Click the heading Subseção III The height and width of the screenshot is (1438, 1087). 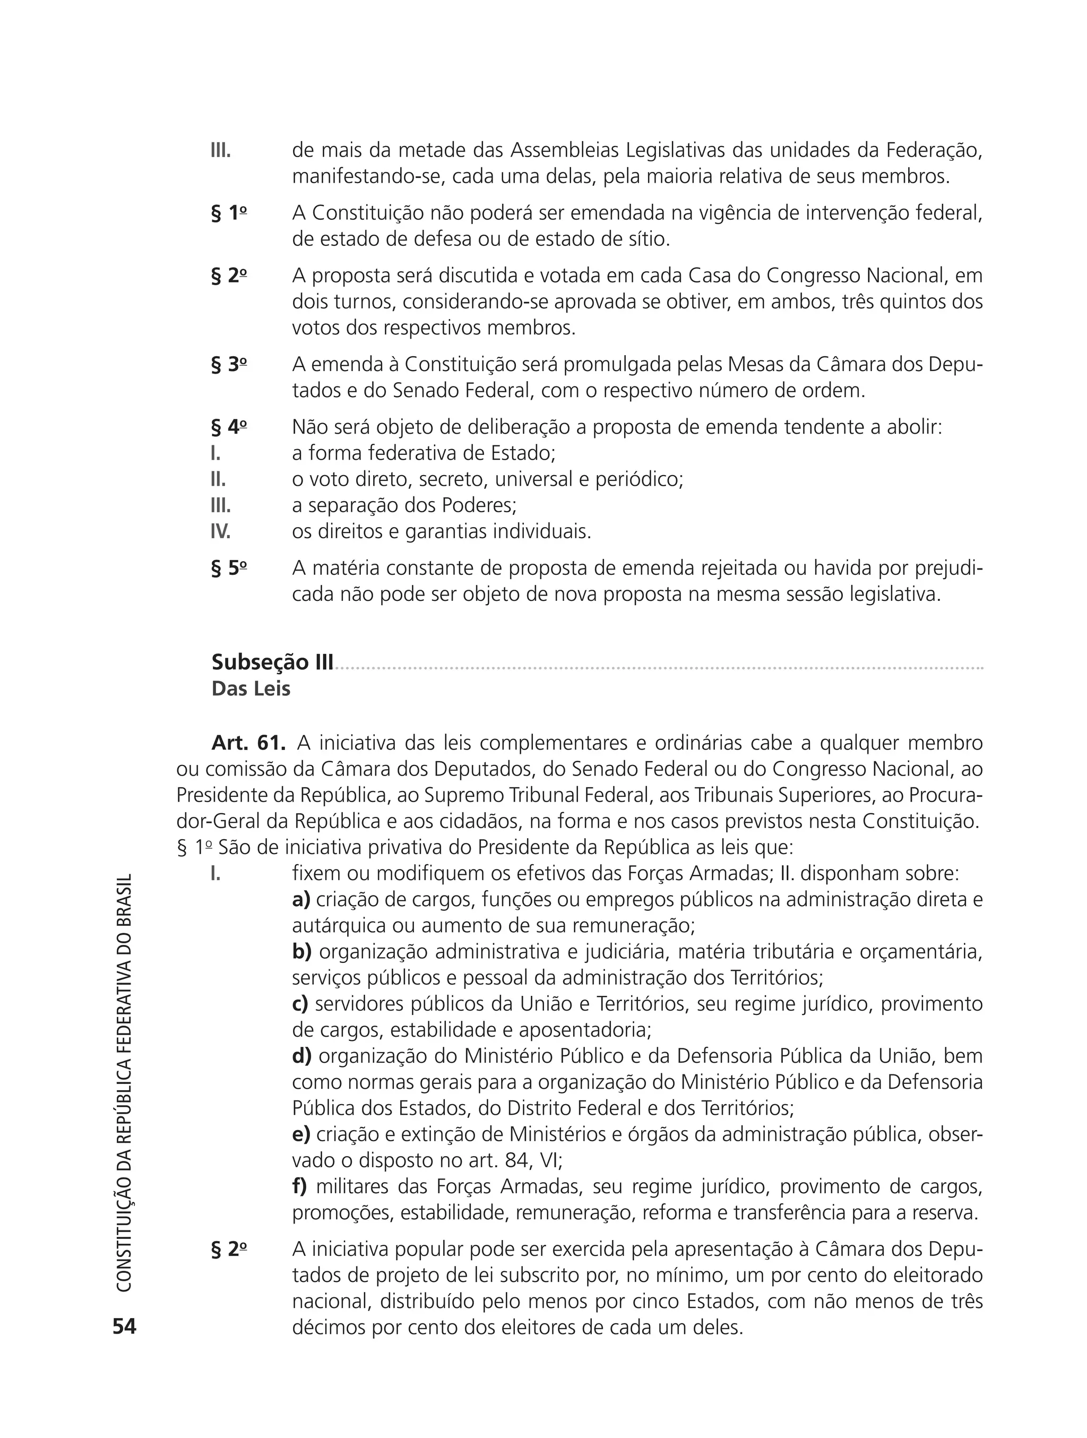(x=272, y=662)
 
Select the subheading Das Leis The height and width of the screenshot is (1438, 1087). (x=251, y=689)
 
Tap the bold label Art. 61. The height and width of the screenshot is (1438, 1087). (x=248, y=743)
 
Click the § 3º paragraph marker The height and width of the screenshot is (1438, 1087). (x=229, y=365)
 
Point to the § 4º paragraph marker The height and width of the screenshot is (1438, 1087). (x=229, y=428)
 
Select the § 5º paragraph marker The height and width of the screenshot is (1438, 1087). (x=229, y=568)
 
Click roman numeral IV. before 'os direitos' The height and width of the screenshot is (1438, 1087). (x=220, y=532)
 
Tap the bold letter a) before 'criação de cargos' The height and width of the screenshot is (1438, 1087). (x=301, y=900)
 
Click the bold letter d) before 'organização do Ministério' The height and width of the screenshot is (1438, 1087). (x=301, y=1056)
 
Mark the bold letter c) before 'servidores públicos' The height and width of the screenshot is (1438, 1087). (x=300, y=1004)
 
